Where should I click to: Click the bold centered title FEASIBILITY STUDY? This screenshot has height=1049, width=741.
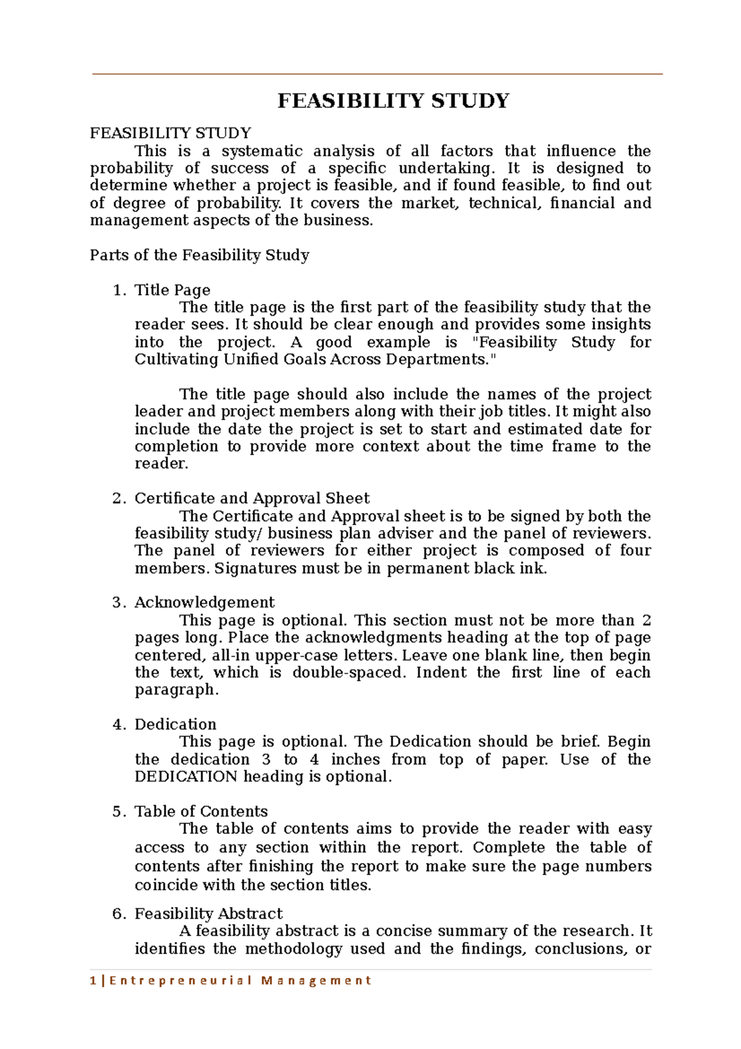pyautogui.click(x=393, y=101)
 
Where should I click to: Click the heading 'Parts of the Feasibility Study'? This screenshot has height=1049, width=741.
pyautogui.click(x=199, y=255)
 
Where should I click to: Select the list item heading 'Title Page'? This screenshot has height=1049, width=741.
pyautogui.click(x=172, y=290)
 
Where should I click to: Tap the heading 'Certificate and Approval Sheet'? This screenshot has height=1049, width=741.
pyautogui.click(x=252, y=498)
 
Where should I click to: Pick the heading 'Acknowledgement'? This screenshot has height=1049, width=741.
pyautogui.click(x=204, y=602)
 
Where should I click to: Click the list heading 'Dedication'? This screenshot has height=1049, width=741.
pyautogui.click(x=175, y=724)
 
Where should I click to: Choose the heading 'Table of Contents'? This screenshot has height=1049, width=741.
pyautogui.click(x=201, y=811)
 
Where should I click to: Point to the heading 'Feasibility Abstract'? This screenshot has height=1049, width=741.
pyautogui.click(x=209, y=914)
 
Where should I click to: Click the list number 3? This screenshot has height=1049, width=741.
pyautogui.click(x=118, y=602)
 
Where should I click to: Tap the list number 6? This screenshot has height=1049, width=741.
pyautogui.click(x=118, y=914)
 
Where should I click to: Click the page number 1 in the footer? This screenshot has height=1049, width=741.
pyautogui.click(x=93, y=980)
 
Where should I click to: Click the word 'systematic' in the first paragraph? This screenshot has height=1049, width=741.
pyautogui.click(x=262, y=151)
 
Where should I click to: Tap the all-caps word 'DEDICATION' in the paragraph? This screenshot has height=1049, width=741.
pyautogui.click(x=186, y=777)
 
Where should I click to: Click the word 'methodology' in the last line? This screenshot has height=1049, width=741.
pyautogui.click(x=293, y=949)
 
